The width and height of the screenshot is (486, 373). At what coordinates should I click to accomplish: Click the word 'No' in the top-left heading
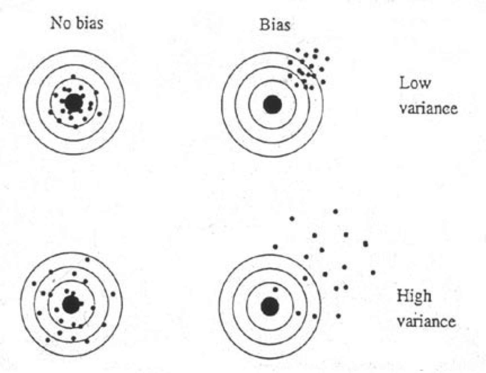59,23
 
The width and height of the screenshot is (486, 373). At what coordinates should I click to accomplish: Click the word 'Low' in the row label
415,83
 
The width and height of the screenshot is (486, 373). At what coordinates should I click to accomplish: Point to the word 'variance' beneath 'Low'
428,108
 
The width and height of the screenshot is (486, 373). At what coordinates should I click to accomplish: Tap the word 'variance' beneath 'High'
426,321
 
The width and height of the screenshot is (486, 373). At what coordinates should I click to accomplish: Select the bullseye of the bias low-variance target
272,104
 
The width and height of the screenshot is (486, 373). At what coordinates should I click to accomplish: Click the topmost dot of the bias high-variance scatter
335,211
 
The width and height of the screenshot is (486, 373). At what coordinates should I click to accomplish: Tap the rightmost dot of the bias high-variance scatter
373,272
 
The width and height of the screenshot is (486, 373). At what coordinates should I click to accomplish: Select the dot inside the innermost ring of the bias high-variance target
275,290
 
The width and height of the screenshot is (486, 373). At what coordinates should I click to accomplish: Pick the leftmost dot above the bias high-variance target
275,247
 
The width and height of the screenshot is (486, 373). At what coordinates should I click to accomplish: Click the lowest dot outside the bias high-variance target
338,316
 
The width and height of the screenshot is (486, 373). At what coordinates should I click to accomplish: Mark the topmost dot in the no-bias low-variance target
73,76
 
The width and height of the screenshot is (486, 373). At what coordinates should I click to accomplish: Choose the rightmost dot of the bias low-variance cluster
327,59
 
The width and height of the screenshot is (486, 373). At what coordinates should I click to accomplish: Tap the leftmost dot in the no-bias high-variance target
34,283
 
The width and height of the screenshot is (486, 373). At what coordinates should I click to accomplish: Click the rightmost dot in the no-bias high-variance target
113,294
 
